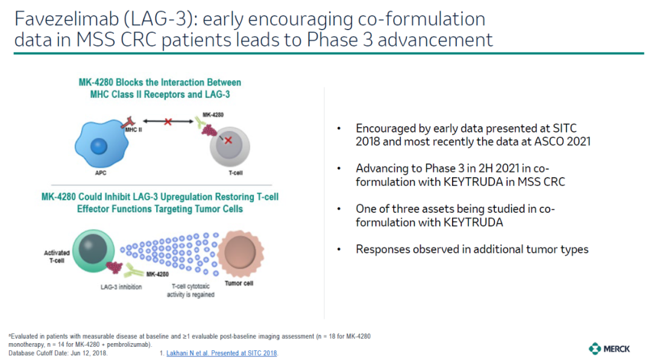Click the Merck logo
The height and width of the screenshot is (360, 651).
609,349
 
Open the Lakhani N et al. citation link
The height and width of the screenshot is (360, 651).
222,353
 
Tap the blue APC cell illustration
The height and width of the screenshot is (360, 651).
101,144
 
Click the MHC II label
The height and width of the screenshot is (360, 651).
134,130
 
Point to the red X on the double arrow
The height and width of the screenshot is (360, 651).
168,122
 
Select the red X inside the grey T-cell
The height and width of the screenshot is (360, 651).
228,141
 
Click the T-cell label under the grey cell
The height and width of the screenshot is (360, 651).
236,172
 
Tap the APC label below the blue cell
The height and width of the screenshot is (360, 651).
101,172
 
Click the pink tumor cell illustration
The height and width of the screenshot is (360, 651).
241,253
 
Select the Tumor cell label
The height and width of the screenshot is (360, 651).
239,283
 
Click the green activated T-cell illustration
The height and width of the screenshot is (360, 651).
93,251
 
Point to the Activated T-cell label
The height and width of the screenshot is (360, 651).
57,257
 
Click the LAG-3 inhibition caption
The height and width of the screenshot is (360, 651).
121,287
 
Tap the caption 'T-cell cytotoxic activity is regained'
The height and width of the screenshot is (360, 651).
190,290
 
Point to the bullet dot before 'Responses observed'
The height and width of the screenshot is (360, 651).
339,250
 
